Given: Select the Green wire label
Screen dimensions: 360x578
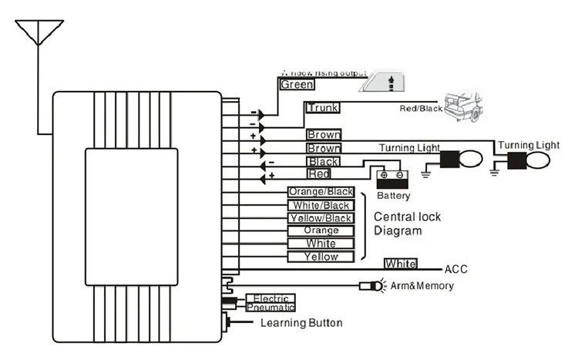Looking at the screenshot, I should pos(297,85).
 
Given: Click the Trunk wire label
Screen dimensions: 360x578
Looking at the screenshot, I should pos(322,108).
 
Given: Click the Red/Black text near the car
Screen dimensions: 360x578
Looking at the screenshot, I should pos(420,109).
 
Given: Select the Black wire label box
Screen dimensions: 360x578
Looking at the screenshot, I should pos(323,162).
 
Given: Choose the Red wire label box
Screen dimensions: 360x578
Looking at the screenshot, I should pos(319,175).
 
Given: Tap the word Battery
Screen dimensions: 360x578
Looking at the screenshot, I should pos(393,196).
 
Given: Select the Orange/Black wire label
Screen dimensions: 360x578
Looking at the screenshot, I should pos(320,192).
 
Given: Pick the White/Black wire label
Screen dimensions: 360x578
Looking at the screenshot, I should pos(321,205).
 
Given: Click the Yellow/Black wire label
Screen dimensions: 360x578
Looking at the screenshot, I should pos(321,218).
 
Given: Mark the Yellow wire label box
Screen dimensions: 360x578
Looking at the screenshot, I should pos(321,256).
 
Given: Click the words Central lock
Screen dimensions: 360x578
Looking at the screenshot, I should pos(407,217).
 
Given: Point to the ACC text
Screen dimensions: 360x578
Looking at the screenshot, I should pos(456,269).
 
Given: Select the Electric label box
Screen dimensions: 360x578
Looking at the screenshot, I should pos(270,298).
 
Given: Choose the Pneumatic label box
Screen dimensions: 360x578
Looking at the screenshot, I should pos(270,307).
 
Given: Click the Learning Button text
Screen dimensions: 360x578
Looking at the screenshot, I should pos(301,323).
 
